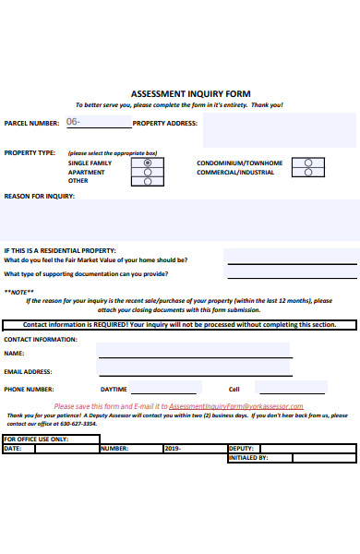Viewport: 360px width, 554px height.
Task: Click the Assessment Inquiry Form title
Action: (190, 94)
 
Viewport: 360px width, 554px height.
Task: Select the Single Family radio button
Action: (148, 163)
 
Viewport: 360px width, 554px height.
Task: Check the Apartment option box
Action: (148, 172)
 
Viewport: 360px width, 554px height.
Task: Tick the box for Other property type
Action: (148, 181)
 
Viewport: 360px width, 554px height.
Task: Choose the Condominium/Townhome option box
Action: (308, 163)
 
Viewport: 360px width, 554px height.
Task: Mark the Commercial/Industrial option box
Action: (308, 172)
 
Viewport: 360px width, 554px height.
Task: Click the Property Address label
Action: (165, 123)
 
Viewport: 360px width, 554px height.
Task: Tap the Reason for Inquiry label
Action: (40, 196)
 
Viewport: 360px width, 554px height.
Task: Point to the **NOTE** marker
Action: (17, 292)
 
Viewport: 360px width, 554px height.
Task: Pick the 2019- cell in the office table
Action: (173, 448)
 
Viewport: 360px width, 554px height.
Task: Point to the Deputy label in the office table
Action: (241, 448)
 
